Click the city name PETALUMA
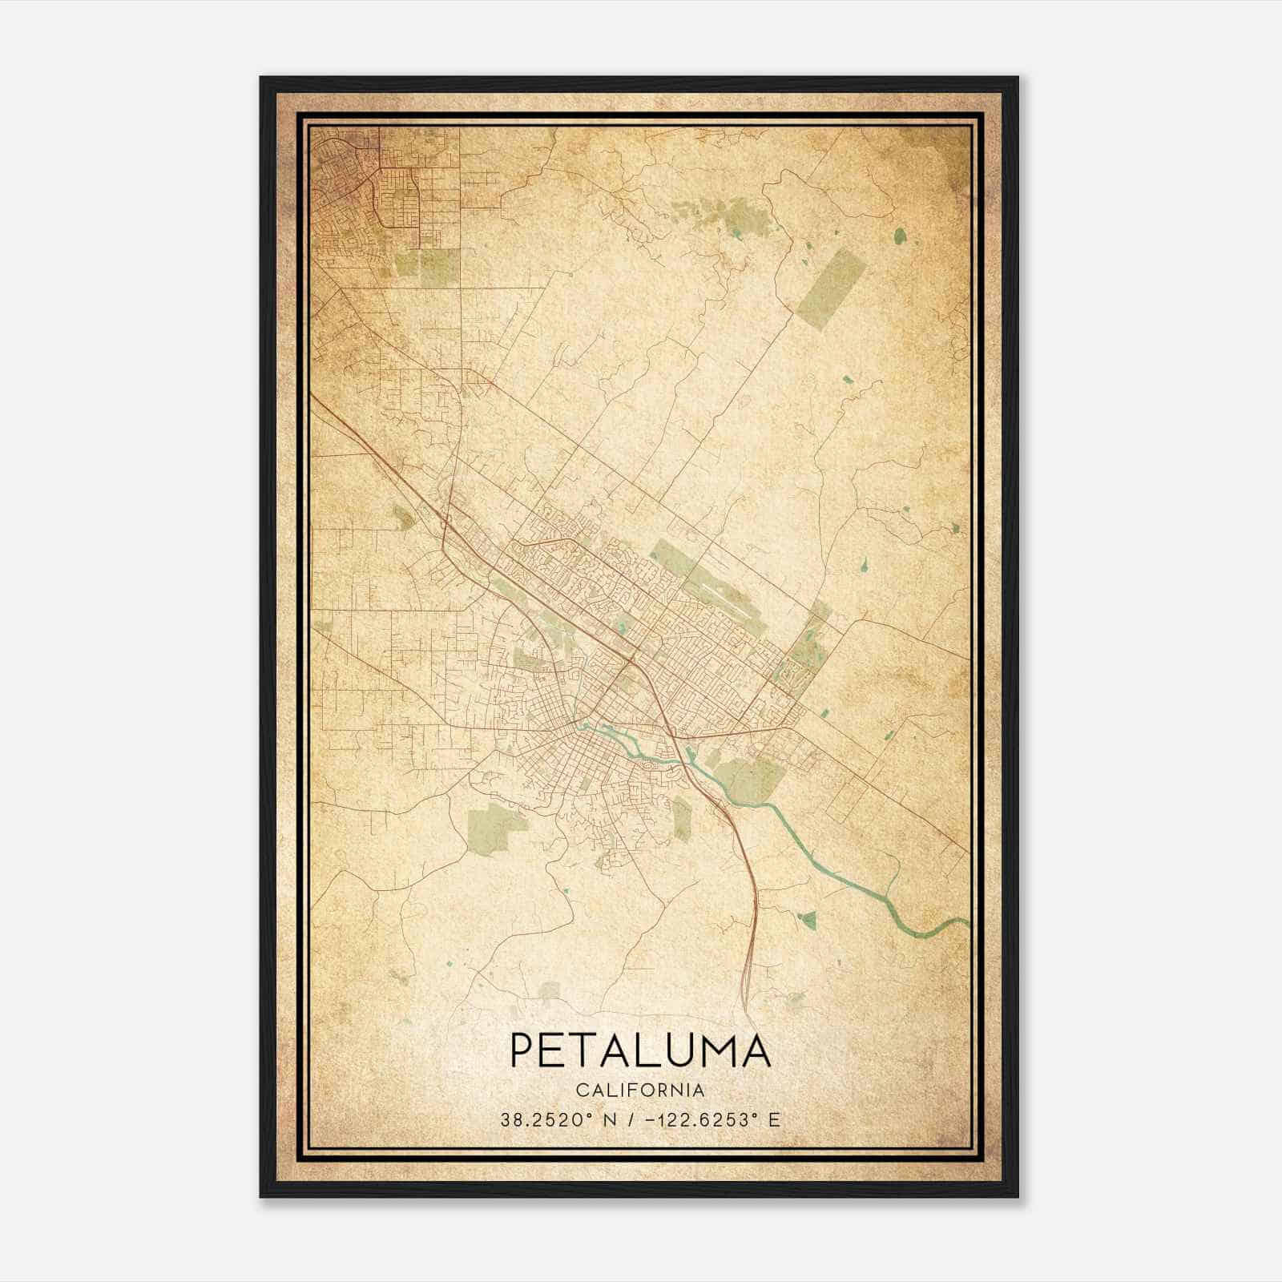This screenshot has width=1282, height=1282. point(639,1050)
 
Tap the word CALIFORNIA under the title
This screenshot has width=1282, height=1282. point(639,1090)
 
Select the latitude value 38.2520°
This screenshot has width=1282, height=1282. point(548,1120)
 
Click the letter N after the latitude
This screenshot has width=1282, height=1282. point(609,1120)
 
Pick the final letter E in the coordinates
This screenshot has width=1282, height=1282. point(774,1120)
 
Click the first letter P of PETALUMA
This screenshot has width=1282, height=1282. point(521,1050)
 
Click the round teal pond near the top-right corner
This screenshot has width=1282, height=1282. point(900,235)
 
